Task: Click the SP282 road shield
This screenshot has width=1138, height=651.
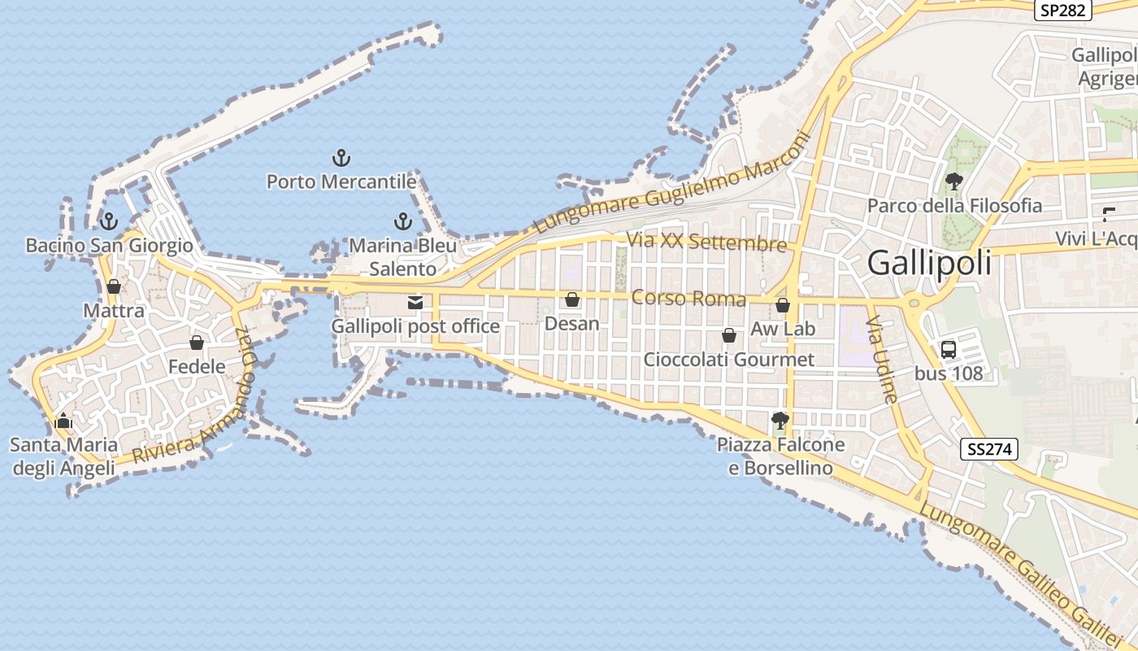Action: coord(1062,10)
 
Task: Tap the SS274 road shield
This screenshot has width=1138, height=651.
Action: coord(989,449)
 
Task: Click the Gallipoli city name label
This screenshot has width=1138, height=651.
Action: coord(929,263)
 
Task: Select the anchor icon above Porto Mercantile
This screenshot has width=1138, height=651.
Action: coord(341,158)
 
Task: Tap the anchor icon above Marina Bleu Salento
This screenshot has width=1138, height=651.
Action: coord(402,221)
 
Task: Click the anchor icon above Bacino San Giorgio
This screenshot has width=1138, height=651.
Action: coord(108,221)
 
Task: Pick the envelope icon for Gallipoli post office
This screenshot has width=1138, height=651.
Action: coord(415,303)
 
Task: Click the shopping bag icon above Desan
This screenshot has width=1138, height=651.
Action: coord(572,300)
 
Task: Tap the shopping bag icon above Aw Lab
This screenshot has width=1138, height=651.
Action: coord(783,305)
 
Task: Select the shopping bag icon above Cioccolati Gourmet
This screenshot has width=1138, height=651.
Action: coord(729,335)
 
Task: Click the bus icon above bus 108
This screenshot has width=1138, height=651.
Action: coord(948,350)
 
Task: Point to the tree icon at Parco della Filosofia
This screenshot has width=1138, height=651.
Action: coord(953,181)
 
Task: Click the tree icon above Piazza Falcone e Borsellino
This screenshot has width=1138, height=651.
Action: coord(780,421)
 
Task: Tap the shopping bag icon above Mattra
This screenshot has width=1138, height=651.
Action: coord(114,286)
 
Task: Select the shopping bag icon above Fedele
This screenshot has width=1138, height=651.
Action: coord(196,343)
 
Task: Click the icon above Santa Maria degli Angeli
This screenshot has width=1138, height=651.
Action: coord(63,421)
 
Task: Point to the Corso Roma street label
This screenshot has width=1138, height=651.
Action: coord(688,299)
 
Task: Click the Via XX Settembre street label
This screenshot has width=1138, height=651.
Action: coord(706,242)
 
